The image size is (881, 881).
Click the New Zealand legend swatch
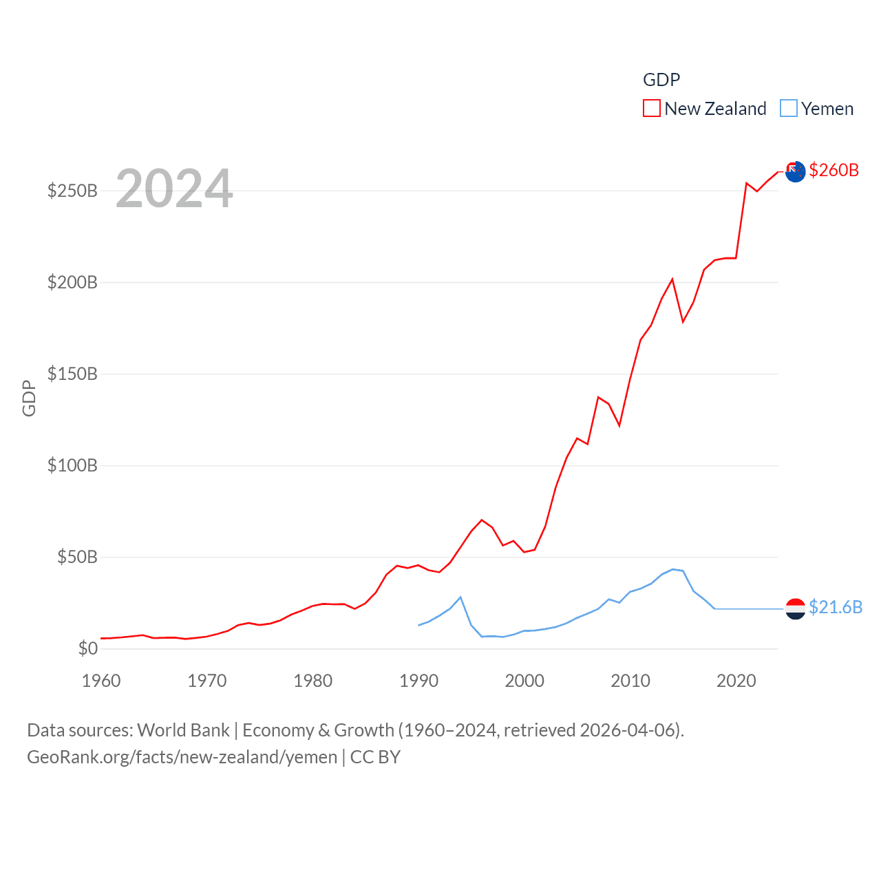(x=651, y=109)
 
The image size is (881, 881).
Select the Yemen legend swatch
(x=788, y=109)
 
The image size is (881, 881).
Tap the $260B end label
(x=834, y=170)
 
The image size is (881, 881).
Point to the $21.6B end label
(x=835, y=607)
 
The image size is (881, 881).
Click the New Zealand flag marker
(x=795, y=171)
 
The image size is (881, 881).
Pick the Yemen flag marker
(x=795, y=608)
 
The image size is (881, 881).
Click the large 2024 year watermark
(x=174, y=189)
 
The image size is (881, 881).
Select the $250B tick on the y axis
(x=72, y=191)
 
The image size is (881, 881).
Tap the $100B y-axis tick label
(x=72, y=465)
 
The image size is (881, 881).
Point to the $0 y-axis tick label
(x=87, y=648)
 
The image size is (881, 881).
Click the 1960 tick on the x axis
(x=101, y=681)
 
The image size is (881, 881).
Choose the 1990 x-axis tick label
(x=418, y=681)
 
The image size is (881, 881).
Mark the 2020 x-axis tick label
(x=736, y=681)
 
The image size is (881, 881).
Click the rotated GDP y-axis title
(x=29, y=398)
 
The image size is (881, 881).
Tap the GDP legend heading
(x=661, y=80)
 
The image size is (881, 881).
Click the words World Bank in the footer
(x=183, y=730)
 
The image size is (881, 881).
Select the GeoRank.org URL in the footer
(x=182, y=757)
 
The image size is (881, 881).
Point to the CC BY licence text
(x=375, y=757)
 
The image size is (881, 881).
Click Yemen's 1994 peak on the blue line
(x=460, y=597)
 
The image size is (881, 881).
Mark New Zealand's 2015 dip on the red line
(x=683, y=321)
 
